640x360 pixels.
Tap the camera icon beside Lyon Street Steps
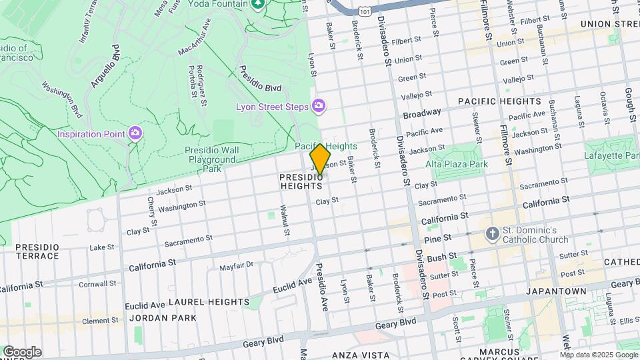pos(319,106)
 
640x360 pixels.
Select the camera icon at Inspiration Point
pos(135,133)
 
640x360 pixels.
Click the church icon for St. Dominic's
pos(492,234)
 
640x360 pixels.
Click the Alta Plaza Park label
pos(457,164)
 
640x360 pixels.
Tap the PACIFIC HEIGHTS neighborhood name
pos(499,101)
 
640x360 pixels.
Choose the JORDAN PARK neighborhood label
pos(163,318)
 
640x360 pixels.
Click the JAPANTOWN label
pos(556,291)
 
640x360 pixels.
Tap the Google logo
pos(21,351)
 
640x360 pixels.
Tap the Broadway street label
pos(422,114)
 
